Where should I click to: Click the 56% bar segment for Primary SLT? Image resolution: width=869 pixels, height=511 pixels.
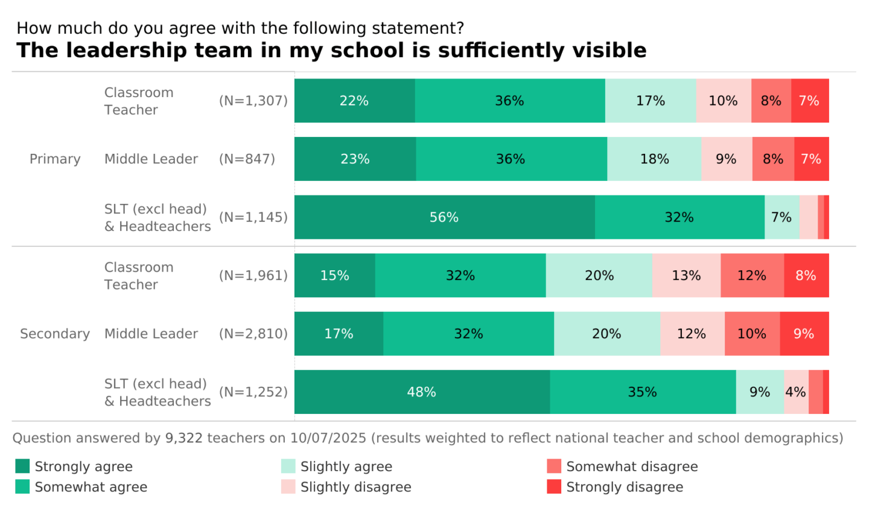click(444, 217)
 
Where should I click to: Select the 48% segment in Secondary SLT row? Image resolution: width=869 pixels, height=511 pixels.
click(422, 392)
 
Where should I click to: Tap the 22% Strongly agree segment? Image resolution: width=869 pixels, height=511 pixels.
click(354, 101)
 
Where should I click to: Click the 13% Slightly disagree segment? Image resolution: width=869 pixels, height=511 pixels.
click(686, 276)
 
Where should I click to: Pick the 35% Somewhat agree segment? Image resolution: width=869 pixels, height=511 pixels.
click(643, 392)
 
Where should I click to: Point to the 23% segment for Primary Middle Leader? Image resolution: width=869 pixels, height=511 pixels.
click(355, 159)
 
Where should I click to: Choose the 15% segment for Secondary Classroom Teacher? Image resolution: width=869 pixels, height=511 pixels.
click(335, 276)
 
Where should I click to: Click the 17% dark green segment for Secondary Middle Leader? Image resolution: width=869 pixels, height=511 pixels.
click(339, 334)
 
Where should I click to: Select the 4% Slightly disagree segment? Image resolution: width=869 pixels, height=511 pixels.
click(796, 392)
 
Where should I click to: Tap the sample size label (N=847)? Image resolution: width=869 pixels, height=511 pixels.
click(247, 159)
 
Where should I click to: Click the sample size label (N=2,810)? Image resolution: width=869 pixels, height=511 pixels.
click(253, 334)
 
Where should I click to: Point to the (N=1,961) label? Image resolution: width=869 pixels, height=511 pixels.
click(253, 276)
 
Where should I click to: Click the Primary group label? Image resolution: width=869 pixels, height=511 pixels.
click(55, 159)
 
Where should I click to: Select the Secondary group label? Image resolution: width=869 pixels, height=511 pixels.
click(55, 334)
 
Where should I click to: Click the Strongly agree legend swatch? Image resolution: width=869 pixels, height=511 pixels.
click(22, 466)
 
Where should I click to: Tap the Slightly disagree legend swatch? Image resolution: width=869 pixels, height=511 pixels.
click(288, 487)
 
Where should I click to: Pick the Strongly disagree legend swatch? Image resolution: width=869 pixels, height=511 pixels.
click(554, 487)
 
